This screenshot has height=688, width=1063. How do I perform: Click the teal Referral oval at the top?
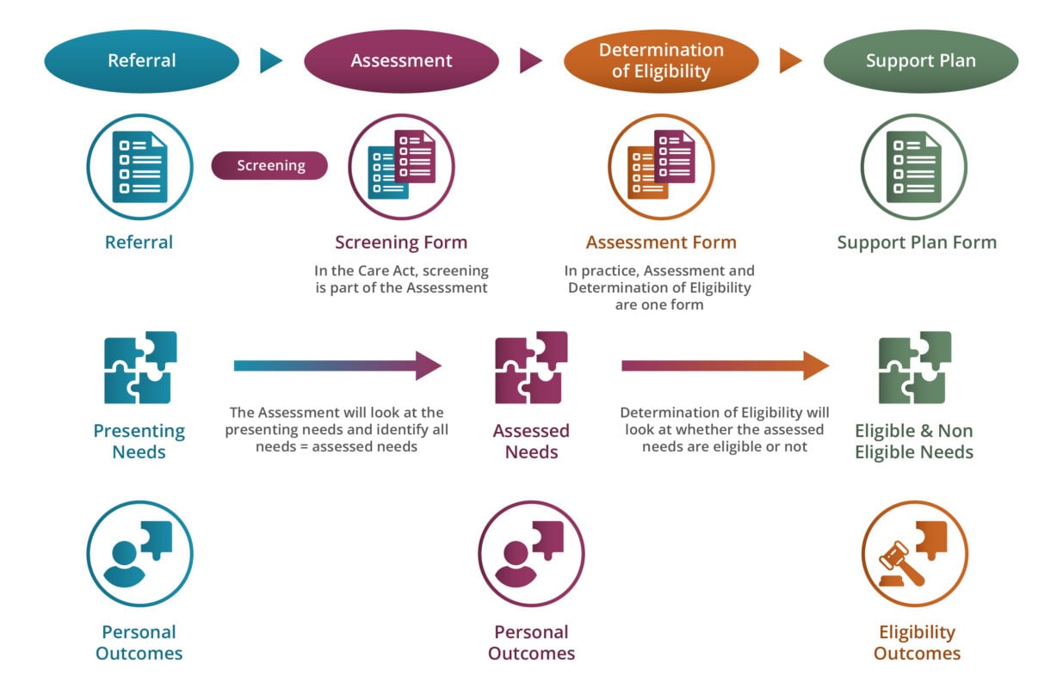click(141, 61)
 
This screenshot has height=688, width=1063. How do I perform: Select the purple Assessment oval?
click(401, 61)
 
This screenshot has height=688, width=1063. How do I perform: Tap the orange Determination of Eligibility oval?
click(661, 61)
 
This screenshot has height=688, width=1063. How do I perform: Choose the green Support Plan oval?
click(920, 61)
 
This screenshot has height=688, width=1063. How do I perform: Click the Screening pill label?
click(270, 166)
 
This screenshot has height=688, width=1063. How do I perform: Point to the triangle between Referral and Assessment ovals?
click(270, 60)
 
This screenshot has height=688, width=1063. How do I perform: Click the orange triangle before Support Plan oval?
click(789, 60)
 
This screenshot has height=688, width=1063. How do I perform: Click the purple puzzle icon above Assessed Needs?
click(531, 367)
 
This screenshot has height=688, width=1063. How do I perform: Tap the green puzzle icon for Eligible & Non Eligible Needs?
click(914, 367)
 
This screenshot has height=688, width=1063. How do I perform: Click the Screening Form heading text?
click(401, 243)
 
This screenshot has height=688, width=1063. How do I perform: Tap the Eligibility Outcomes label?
click(917, 642)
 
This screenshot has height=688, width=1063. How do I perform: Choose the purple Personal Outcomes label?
click(531, 642)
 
